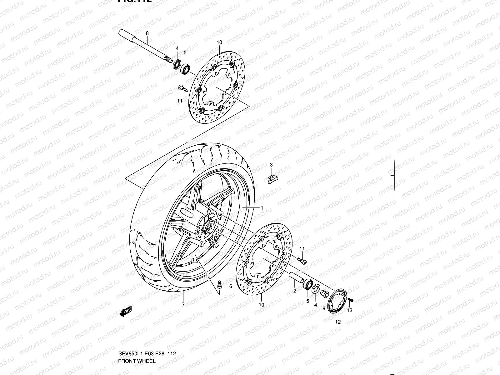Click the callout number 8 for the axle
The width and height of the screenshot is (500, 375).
click(x=147, y=33)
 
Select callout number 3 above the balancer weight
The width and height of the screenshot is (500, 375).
click(x=271, y=165)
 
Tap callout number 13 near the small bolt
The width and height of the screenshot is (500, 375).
click(x=350, y=310)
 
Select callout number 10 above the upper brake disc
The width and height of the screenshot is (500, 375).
click(x=219, y=42)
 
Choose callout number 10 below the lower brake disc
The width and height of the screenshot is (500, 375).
click(x=262, y=304)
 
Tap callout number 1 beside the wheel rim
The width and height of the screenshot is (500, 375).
click(x=262, y=208)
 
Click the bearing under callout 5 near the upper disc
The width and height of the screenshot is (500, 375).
click(x=187, y=68)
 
